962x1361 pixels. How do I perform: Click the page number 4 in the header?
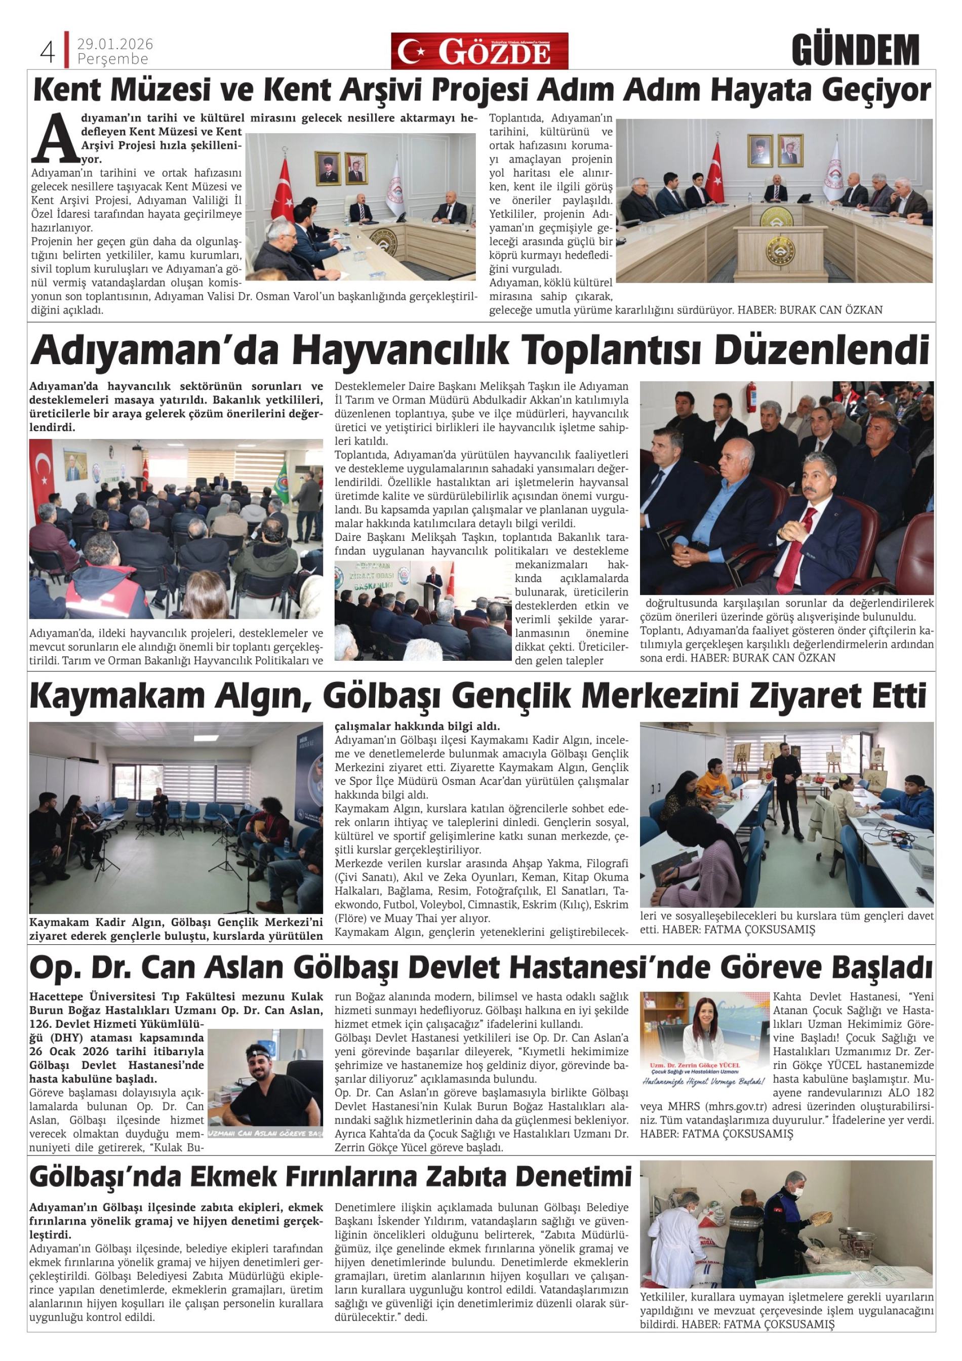(x=48, y=52)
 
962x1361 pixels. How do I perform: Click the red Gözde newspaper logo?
(x=479, y=51)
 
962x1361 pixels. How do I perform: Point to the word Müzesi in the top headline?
(x=162, y=91)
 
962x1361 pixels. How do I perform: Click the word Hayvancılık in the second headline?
(x=400, y=351)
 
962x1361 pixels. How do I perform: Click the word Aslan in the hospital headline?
(x=244, y=968)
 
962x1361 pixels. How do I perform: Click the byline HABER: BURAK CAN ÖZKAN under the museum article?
(x=810, y=310)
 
